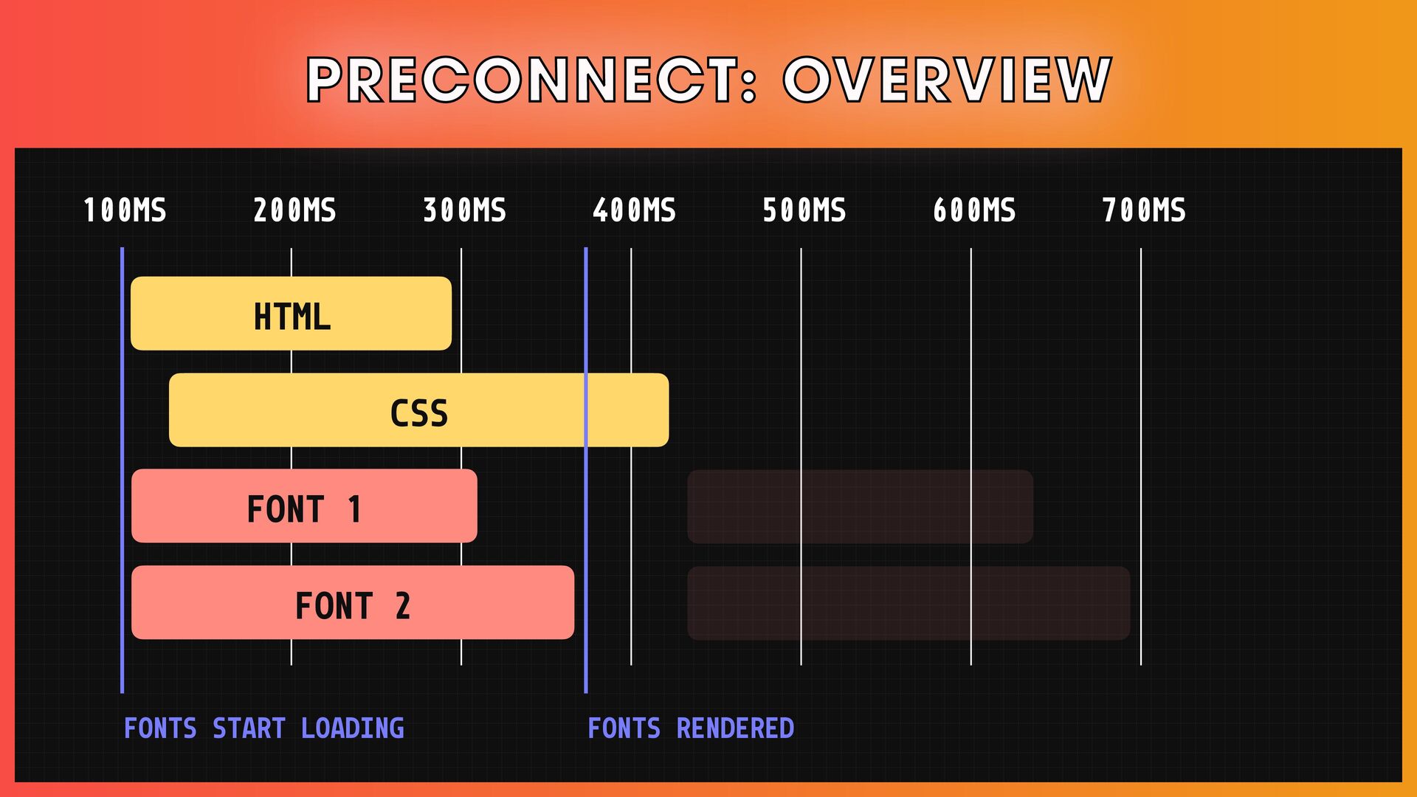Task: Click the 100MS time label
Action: click(125, 211)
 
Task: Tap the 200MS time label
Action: click(294, 211)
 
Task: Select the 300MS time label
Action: click(464, 211)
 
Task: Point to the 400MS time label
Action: click(634, 211)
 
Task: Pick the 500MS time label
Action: click(804, 211)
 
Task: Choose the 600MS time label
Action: click(974, 211)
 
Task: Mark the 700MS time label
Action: click(1144, 211)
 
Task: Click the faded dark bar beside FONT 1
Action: click(860, 506)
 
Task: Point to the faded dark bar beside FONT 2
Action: click(908, 603)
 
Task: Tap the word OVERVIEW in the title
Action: click(947, 80)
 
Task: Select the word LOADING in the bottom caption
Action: click(352, 729)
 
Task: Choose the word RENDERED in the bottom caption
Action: click(735, 729)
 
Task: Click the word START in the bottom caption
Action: click(249, 729)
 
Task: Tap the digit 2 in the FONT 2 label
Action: click(402, 607)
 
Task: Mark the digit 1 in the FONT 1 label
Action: click(354, 510)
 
